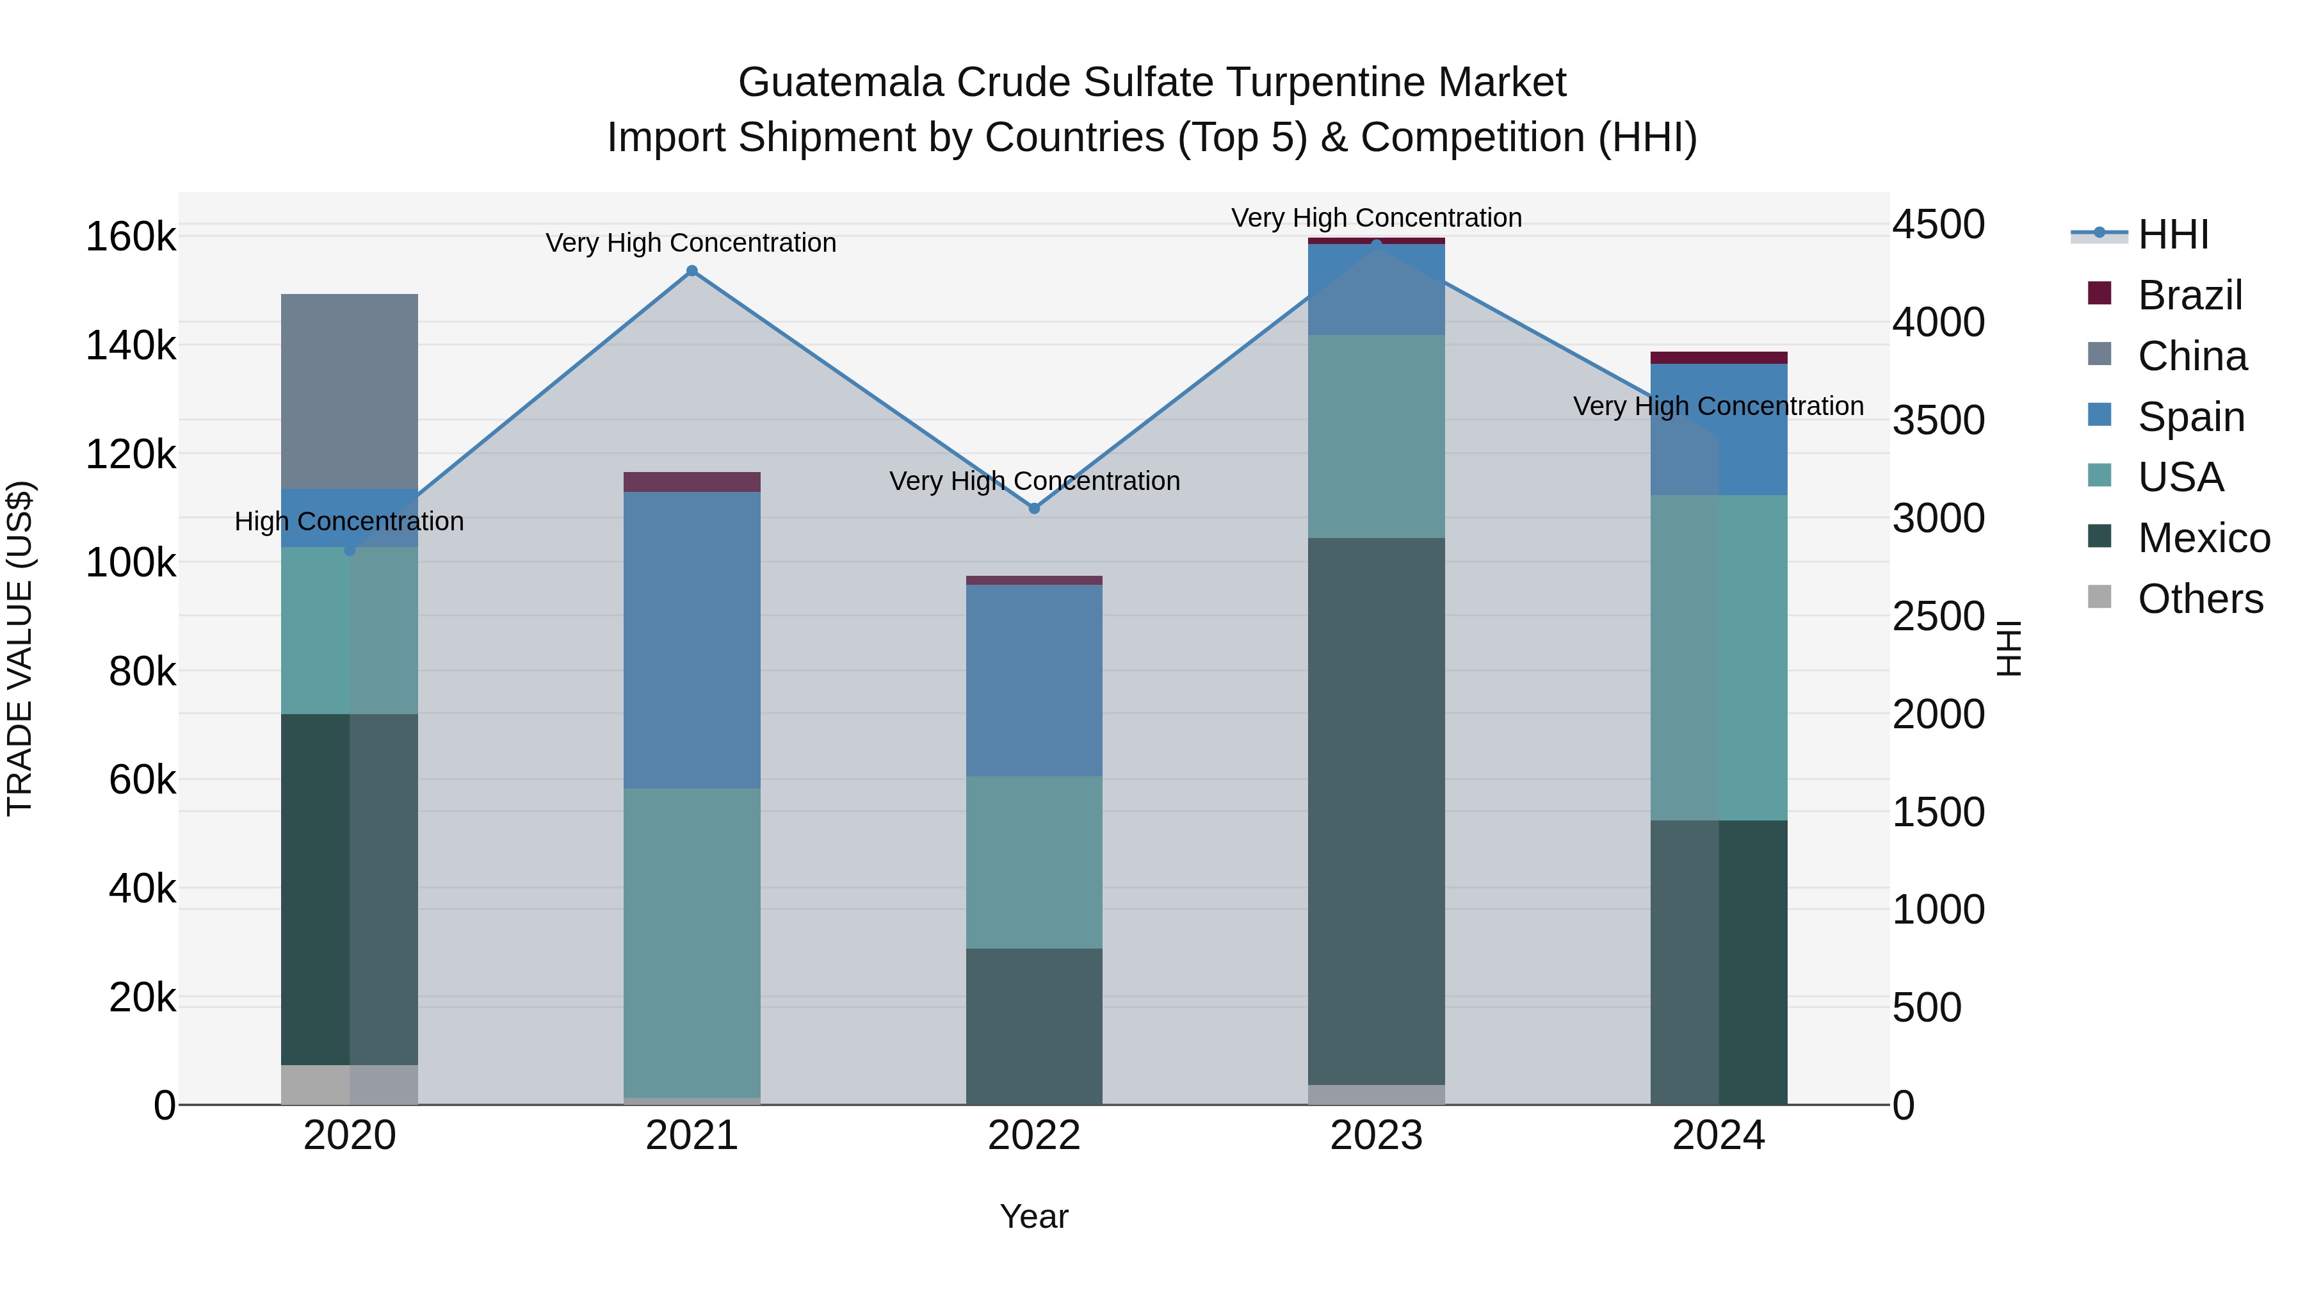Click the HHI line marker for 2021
point(691,270)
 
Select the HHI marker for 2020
point(350,550)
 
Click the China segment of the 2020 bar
point(349,391)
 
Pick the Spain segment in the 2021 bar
point(691,639)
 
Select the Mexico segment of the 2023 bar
point(1375,810)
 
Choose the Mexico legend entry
point(2203,538)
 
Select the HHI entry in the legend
point(2172,234)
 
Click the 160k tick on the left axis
point(131,237)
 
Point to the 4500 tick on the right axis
point(1938,225)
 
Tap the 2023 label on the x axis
point(1375,1136)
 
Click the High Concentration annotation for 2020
point(349,521)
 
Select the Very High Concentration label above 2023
point(1375,218)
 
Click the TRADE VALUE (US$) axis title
point(20,648)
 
